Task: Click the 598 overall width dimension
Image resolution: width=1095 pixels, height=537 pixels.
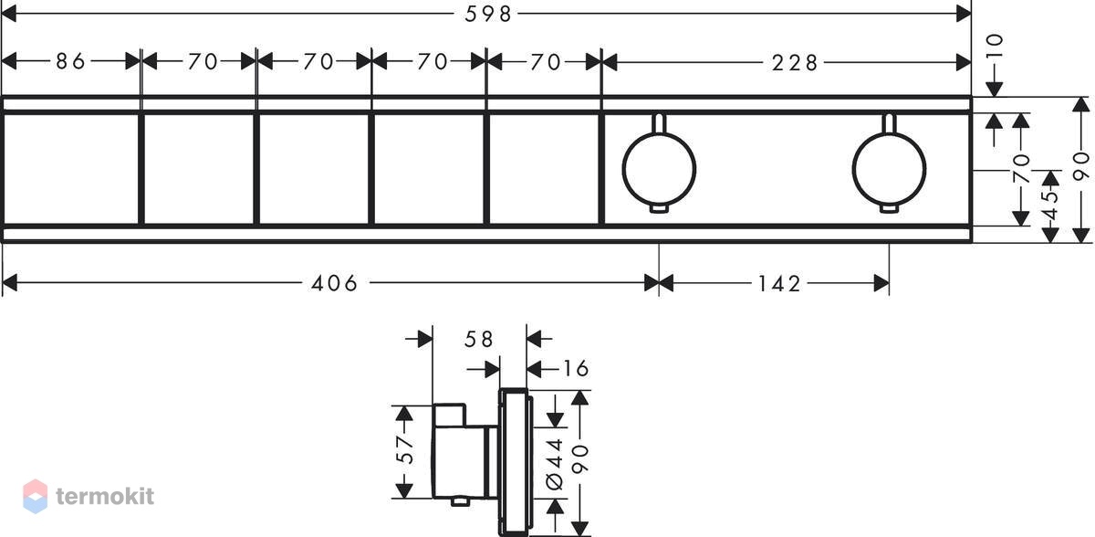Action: pyautogui.click(x=487, y=15)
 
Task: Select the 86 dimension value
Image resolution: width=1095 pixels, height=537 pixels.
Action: pyautogui.click(x=71, y=61)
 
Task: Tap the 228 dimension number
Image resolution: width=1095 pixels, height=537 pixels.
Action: pyautogui.click(x=795, y=63)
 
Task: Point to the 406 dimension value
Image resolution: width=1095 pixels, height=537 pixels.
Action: pyautogui.click(x=335, y=283)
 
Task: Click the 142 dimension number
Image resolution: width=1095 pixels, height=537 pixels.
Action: pyautogui.click(x=779, y=284)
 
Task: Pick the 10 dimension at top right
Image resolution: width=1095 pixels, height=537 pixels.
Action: pyautogui.click(x=996, y=46)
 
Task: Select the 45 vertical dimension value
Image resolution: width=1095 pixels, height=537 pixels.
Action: pyautogui.click(x=1049, y=205)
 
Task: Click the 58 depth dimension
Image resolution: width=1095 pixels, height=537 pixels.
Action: pyautogui.click(x=478, y=339)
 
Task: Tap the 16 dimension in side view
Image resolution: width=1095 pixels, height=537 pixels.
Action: pyautogui.click(x=577, y=369)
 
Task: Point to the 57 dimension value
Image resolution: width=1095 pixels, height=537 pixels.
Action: pyautogui.click(x=405, y=450)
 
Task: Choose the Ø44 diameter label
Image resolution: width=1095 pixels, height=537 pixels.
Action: pyautogui.click(x=555, y=464)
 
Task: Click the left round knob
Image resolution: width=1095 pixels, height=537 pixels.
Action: pyautogui.click(x=659, y=169)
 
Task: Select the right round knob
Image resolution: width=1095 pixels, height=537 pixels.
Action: pyautogui.click(x=889, y=169)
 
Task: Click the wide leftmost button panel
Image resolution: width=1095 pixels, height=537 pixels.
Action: pyautogui.click(x=71, y=169)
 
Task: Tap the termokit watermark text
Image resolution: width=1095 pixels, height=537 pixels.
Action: pyautogui.click(x=105, y=497)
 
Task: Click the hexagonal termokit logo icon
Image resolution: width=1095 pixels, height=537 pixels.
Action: pyautogui.click(x=36, y=497)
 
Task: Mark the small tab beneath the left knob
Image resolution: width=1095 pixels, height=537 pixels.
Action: pyautogui.click(x=659, y=209)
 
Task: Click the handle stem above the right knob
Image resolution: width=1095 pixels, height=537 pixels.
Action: pyautogui.click(x=889, y=123)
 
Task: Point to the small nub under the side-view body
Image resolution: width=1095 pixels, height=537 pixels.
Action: pyautogui.click(x=461, y=501)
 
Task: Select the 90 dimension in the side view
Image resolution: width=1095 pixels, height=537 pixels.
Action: pyautogui.click(x=579, y=459)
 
